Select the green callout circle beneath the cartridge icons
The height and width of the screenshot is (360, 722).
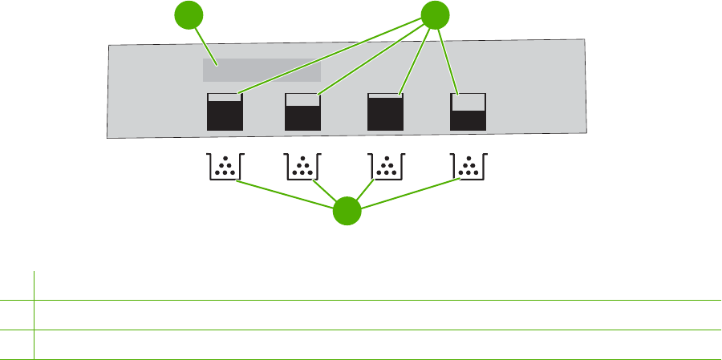tap(347, 212)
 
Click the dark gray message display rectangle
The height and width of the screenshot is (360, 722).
tap(261, 70)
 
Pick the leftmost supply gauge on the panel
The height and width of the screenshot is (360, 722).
tap(225, 111)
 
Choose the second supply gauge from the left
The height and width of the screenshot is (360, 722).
tap(303, 111)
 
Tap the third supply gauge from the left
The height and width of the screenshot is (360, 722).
tap(385, 111)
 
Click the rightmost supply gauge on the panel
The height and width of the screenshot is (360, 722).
tap(469, 111)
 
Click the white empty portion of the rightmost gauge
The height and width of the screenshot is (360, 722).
tap(469, 102)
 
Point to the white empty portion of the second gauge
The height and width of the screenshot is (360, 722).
tap(303, 99)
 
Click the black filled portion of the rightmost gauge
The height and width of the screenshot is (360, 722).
tap(469, 120)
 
